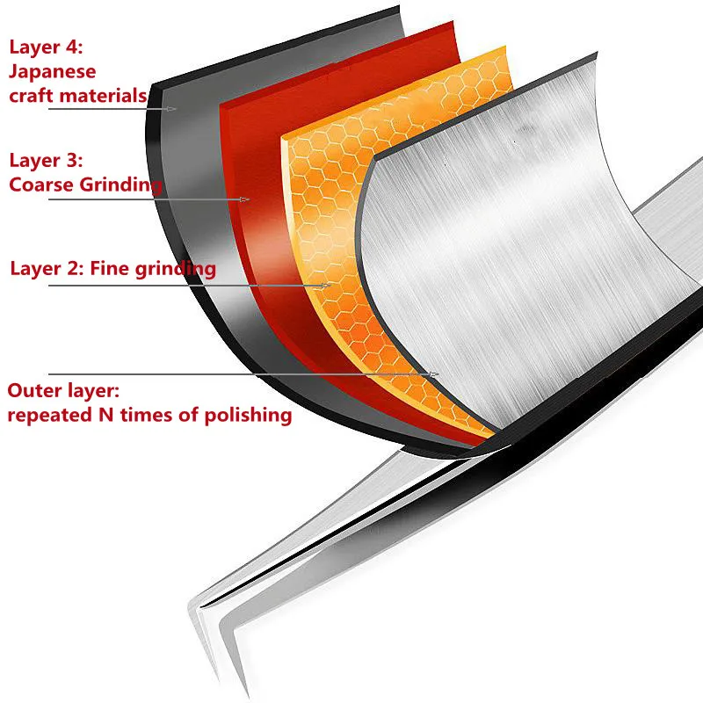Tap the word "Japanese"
(52, 71)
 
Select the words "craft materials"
(77, 95)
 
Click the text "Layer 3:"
(45, 161)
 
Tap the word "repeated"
(52, 415)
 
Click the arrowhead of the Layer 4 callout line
(174, 108)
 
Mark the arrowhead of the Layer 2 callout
(327, 286)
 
